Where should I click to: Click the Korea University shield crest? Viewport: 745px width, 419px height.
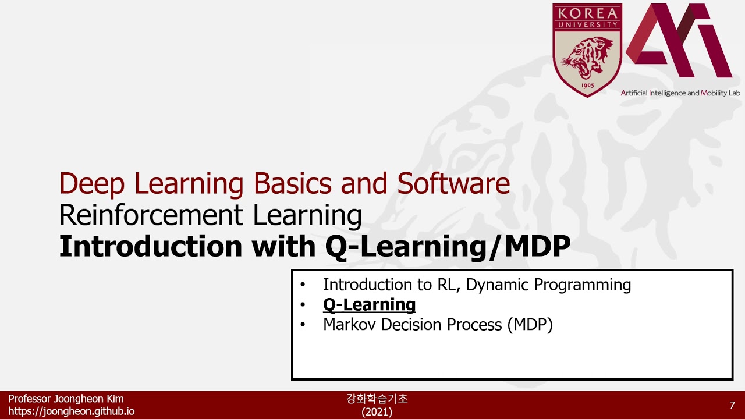(x=587, y=49)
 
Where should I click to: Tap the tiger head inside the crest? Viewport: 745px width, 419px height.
(x=587, y=58)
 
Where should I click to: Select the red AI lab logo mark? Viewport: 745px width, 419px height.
(x=679, y=42)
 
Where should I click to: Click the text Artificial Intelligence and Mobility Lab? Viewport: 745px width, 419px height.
(x=680, y=93)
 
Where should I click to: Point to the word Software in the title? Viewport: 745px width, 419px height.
(x=453, y=184)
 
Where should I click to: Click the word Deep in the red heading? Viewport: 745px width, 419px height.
(x=93, y=184)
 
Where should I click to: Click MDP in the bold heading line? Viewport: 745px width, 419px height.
(x=537, y=247)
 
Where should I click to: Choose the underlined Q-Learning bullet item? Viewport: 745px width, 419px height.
(x=369, y=304)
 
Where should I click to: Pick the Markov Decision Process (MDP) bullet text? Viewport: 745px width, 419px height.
(x=437, y=324)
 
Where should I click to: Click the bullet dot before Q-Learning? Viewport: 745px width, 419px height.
(x=303, y=305)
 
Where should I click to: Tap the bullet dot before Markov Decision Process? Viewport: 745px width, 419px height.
(x=303, y=325)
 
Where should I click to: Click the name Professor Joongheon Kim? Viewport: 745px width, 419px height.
(x=66, y=399)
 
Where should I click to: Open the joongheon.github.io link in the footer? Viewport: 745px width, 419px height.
(x=71, y=411)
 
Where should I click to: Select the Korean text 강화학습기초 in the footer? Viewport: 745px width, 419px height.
(x=377, y=399)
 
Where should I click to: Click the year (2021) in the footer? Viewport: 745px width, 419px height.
(x=377, y=411)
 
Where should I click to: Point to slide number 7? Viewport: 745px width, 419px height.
(x=732, y=405)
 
